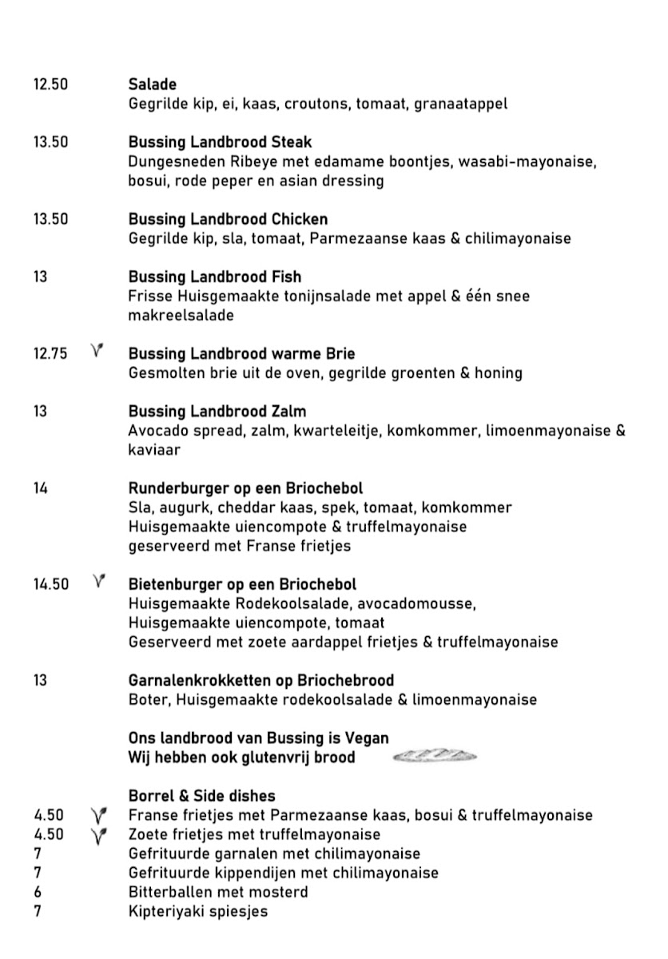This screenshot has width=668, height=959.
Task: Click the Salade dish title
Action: (153, 84)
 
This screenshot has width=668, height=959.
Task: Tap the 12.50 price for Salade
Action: (50, 84)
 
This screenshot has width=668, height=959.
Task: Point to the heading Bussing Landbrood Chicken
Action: (228, 219)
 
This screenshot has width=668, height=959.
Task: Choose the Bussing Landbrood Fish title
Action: (214, 277)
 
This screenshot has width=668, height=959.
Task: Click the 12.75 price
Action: (50, 353)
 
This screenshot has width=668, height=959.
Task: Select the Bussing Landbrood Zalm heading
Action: (217, 412)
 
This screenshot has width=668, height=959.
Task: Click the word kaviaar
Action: (154, 450)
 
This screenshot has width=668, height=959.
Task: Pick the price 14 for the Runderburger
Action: (41, 488)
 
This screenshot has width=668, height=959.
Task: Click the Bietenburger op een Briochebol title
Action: (242, 584)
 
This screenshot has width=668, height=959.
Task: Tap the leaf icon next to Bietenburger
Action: (99, 583)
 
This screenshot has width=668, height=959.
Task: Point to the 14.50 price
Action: (50, 584)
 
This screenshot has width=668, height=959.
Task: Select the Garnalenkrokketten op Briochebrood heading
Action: (260, 681)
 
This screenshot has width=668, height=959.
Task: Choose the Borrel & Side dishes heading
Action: (201, 796)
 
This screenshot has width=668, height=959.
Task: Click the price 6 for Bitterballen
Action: (38, 892)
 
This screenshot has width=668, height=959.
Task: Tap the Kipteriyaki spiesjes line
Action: (197, 911)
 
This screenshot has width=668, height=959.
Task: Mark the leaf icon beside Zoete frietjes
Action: (99, 835)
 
